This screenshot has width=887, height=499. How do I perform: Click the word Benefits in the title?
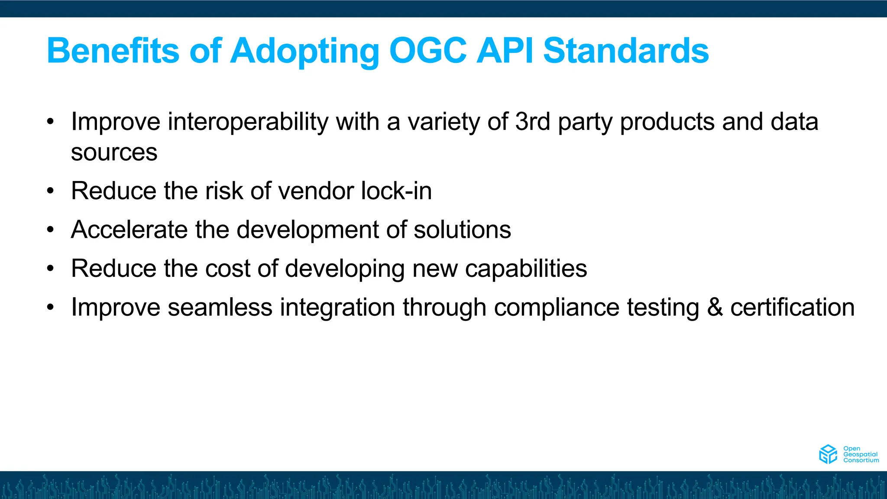click(x=113, y=51)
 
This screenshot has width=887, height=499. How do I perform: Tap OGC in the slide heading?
click(x=428, y=51)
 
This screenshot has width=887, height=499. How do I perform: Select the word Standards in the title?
click(x=625, y=51)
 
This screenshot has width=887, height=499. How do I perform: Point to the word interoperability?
click(x=248, y=122)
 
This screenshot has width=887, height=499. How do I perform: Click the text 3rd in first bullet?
click(x=532, y=122)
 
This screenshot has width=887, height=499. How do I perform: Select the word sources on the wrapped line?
click(x=114, y=152)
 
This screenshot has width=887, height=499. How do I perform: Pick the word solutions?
click(x=462, y=230)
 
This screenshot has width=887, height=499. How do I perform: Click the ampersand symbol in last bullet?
click(x=715, y=308)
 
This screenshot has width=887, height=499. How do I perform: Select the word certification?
click(x=792, y=308)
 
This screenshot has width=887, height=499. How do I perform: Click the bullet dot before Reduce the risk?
click(x=51, y=191)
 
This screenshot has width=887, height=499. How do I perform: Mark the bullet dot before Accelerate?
click(x=51, y=230)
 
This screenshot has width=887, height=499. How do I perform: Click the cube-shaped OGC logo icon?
click(x=828, y=454)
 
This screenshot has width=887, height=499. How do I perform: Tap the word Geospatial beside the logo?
click(x=860, y=454)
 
